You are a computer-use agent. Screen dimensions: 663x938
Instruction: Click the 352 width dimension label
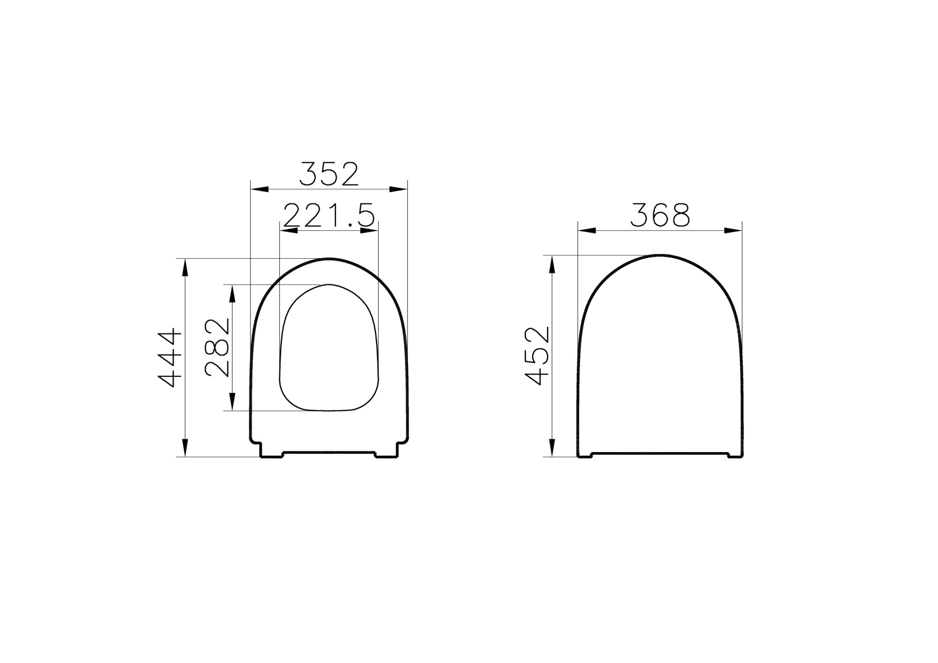[329, 174]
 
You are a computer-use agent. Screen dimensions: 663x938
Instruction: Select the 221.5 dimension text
[329, 216]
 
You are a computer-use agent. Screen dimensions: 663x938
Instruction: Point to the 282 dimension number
[218, 348]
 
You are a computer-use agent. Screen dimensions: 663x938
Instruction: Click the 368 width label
[660, 215]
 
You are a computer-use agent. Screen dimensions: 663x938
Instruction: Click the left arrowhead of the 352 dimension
[259, 189]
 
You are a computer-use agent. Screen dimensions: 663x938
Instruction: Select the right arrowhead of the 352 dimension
[399, 189]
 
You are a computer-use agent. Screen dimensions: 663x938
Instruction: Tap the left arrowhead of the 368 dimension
[587, 231]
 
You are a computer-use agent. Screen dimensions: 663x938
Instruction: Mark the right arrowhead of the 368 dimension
[733, 231]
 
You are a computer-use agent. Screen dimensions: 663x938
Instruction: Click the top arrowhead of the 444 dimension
[185, 268]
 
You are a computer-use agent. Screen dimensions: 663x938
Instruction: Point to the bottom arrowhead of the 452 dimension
[552, 447]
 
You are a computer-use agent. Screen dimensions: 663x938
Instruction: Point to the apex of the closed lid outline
[660, 255]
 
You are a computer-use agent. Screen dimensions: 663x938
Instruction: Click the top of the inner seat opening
[329, 284]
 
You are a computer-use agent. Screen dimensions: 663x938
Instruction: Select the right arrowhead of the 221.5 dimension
[370, 231]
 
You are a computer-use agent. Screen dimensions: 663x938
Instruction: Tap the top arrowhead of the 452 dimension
[552, 265]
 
